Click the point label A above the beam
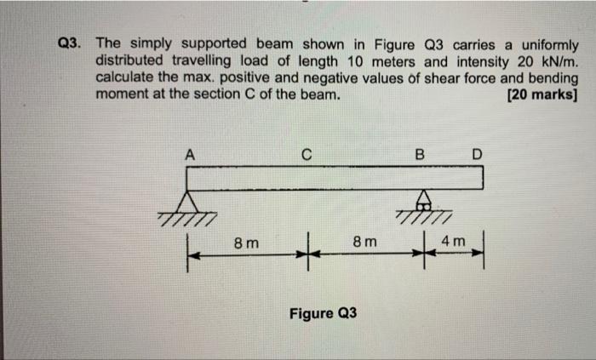(191, 155)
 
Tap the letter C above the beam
(306, 155)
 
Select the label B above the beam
(419, 155)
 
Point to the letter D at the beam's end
(477, 155)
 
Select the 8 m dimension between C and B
(363, 243)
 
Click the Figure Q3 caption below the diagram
(323, 313)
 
